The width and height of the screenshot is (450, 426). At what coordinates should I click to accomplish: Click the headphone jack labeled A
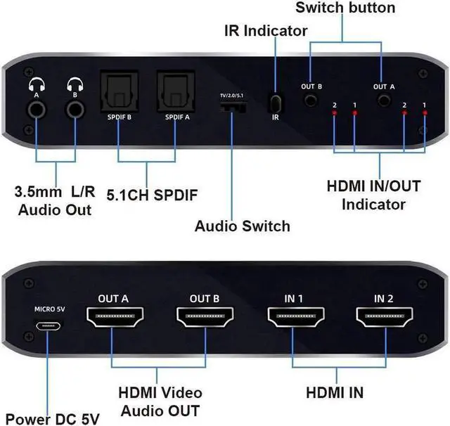pyautogui.click(x=36, y=109)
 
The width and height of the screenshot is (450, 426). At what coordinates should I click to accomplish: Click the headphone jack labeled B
pyautogui.click(x=73, y=109)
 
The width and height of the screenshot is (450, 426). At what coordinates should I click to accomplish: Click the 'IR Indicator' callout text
pyautogui.click(x=266, y=31)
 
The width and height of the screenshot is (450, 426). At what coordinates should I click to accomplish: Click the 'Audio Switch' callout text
pyautogui.click(x=242, y=226)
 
